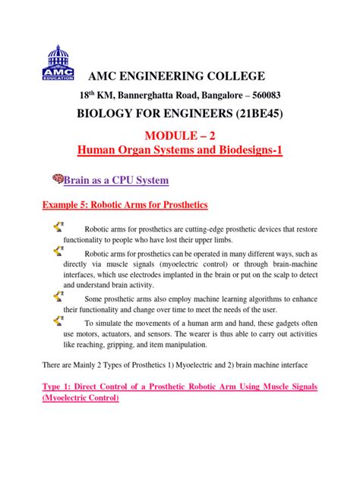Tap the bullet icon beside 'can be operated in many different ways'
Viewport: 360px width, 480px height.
tap(58, 250)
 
